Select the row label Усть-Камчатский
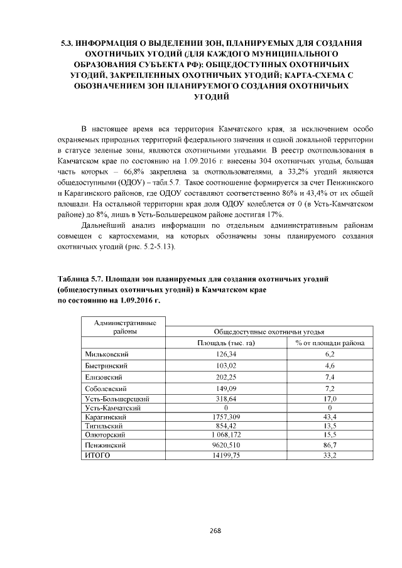[111, 407]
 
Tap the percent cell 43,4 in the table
[329, 416]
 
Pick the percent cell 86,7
[329, 444]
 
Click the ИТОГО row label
[97, 455]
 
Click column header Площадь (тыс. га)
[225, 343]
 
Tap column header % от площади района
[329, 343]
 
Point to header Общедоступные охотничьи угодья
[269, 331]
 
